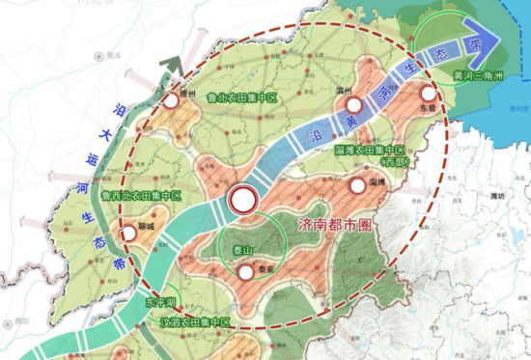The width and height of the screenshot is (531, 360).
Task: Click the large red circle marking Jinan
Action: point(243,200)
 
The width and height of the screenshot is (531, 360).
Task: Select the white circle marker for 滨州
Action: point(354,105)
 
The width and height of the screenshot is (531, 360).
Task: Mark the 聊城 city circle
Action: point(127,233)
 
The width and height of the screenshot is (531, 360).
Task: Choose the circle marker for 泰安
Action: point(249,272)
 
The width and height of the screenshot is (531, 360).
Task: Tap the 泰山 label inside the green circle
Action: point(240,250)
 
